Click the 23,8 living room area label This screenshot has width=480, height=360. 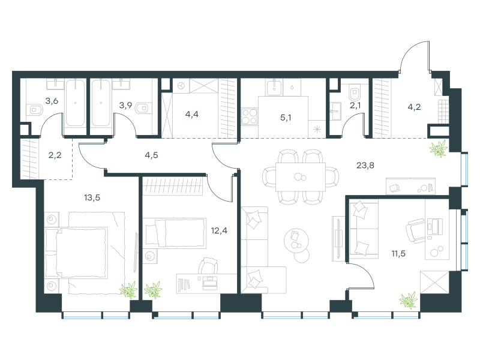coord(365,166)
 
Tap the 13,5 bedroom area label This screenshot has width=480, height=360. coord(92,198)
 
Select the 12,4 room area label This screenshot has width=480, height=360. coord(219,230)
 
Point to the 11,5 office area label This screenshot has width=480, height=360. coord(398,253)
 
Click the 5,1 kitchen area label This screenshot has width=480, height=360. coord(286,118)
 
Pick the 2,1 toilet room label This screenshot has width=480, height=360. coord(355,106)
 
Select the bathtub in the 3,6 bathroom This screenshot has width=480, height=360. coord(76,103)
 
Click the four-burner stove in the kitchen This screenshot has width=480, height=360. coord(249,116)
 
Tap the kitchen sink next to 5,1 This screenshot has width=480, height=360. coord(274,87)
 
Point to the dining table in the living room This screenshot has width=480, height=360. coord(301,177)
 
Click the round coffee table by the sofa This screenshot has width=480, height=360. coord(296,241)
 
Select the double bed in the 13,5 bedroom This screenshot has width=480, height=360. coord(85,253)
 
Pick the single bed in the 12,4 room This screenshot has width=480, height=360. coord(175,233)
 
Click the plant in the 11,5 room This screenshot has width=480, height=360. coord(409,299)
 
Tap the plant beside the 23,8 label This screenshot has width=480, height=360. coord(439,149)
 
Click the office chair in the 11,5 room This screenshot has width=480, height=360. coord(415,230)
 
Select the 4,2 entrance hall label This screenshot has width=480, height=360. coord(414,107)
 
